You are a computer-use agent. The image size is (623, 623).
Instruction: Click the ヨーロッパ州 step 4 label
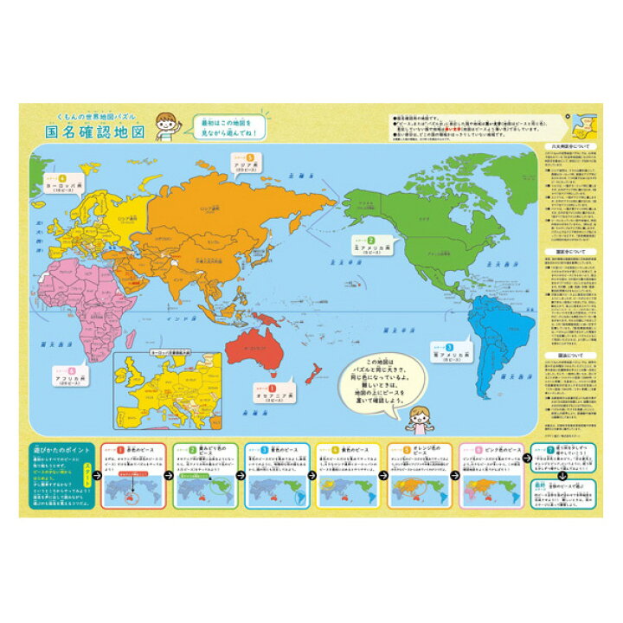click(x=61, y=185)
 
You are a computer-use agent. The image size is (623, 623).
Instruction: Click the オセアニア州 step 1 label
click(x=271, y=399)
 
